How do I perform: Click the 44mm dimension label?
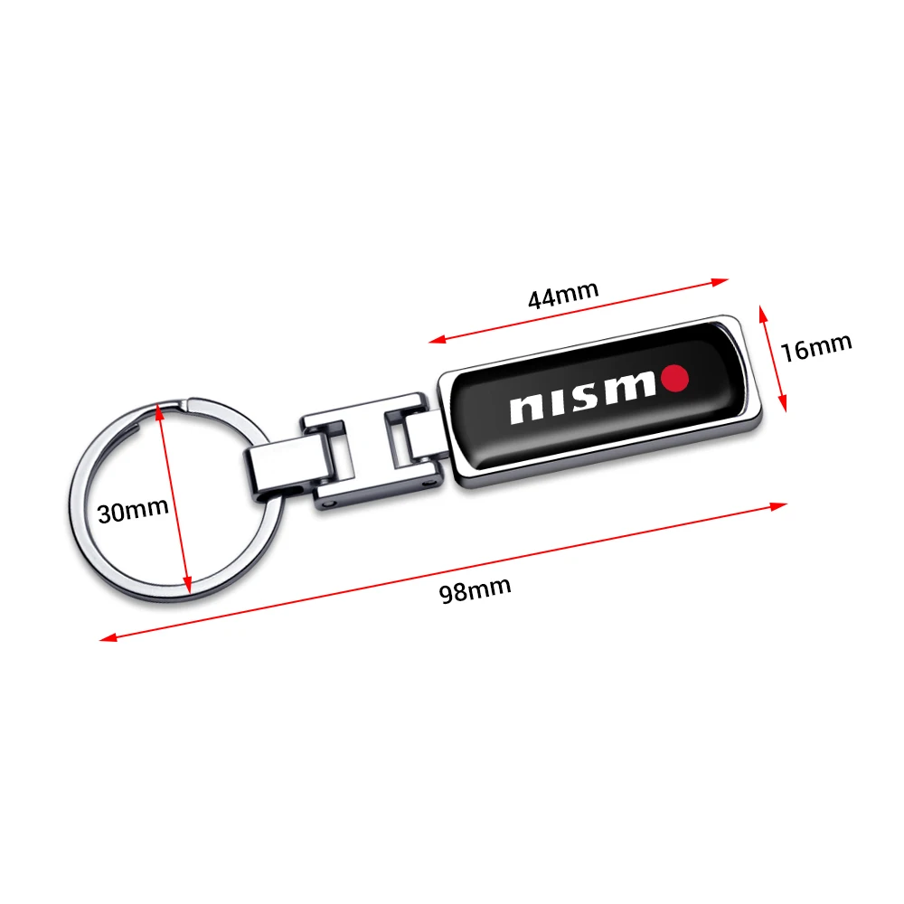(563, 296)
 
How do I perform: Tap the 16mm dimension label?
(816, 346)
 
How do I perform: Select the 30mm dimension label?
(133, 511)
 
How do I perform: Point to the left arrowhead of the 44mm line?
(436, 341)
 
